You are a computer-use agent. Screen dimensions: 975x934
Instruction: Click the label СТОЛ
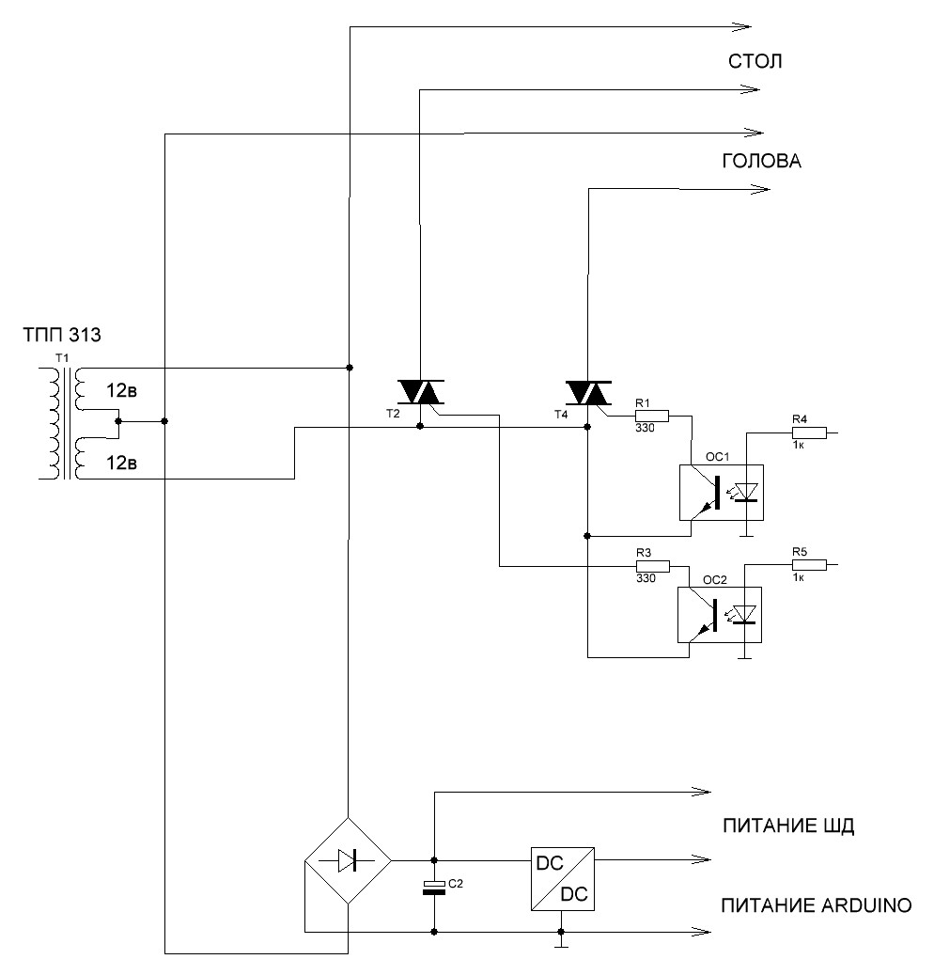755,62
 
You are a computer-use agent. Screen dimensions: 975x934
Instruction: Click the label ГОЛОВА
761,162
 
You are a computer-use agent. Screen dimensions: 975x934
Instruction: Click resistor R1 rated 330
652,415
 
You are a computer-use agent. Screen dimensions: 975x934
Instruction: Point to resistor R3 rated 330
652,566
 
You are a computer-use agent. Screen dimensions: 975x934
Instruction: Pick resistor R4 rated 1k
809,432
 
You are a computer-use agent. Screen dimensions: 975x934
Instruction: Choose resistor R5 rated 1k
809,565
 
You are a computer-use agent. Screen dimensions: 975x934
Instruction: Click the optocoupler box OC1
720,492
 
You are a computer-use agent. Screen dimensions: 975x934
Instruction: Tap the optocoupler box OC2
720,614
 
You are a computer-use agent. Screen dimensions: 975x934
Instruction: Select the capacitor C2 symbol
433,887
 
